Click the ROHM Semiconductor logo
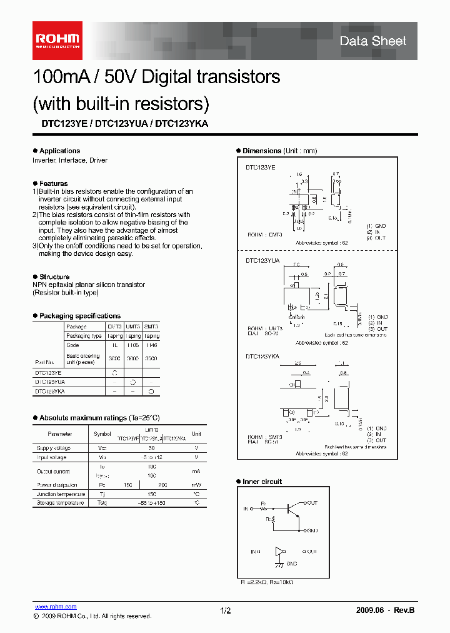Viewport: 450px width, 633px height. [57, 40]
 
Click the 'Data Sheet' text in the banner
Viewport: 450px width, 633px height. [372, 41]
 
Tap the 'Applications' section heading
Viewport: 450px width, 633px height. [59, 151]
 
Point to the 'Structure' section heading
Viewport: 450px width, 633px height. [54, 276]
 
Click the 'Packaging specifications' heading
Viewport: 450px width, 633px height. [79, 316]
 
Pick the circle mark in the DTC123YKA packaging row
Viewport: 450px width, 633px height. [151, 391]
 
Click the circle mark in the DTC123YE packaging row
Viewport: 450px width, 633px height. [115, 372]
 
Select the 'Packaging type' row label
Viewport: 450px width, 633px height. [84, 336]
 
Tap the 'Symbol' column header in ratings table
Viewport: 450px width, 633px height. [102, 433]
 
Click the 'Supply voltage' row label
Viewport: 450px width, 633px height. [54, 448]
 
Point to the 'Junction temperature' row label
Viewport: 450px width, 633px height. [59, 494]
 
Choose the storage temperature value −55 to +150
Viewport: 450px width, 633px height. [151, 502]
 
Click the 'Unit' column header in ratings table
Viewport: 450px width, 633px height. [196, 433]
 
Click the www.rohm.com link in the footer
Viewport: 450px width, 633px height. [55, 607]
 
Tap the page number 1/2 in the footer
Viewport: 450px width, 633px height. [226, 610]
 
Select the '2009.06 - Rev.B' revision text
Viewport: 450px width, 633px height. [385, 610]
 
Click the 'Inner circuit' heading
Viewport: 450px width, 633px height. [262, 482]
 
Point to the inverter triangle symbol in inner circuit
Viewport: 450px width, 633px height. [279, 551]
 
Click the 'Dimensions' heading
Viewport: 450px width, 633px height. [262, 151]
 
